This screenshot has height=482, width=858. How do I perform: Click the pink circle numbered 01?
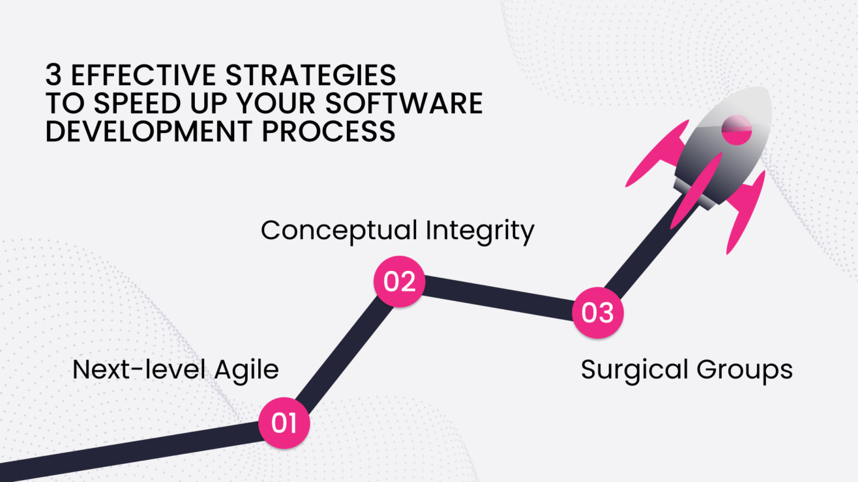point(284,423)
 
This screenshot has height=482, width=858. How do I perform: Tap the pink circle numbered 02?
point(399,282)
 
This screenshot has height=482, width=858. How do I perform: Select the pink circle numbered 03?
point(597,313)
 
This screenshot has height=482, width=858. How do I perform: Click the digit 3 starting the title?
point(53,76)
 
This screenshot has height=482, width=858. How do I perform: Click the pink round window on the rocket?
point(737,130)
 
